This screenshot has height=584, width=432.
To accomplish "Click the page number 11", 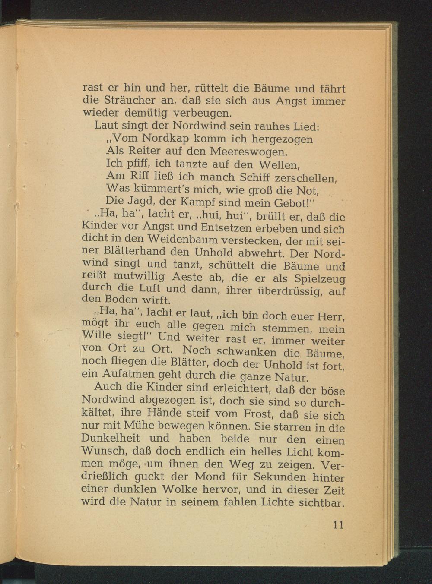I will pyautogui.click(x=338, y=524).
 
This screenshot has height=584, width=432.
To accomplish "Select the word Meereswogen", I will pyautogui.click(x=248, y=152).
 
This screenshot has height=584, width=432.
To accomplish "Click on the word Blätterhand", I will pyautogui.click(x=135, y=251).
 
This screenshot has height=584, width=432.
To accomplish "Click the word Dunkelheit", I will pyautogui.click(x=111, y=438).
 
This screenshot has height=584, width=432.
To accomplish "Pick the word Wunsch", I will pyautogui.click(x=102, y=451).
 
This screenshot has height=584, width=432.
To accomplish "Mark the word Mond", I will pyautogui.click(x=210, y=477).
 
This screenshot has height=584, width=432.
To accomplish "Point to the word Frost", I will pyautogui.click(x=257, y=414).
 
